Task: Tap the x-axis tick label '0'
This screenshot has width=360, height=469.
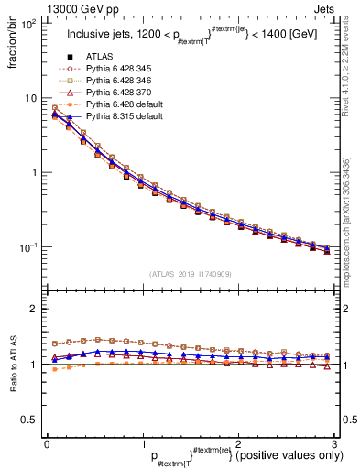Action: (47, 443)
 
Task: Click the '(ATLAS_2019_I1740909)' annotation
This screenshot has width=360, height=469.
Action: (191, 273)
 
